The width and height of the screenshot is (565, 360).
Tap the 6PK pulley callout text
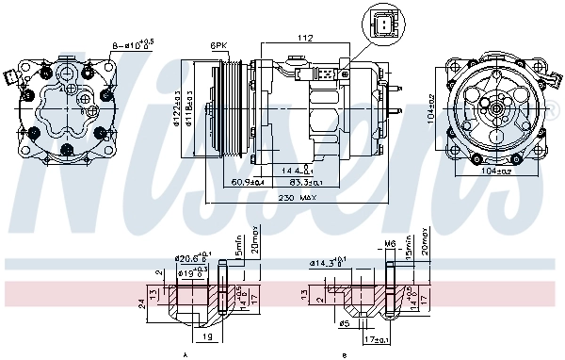219,45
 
